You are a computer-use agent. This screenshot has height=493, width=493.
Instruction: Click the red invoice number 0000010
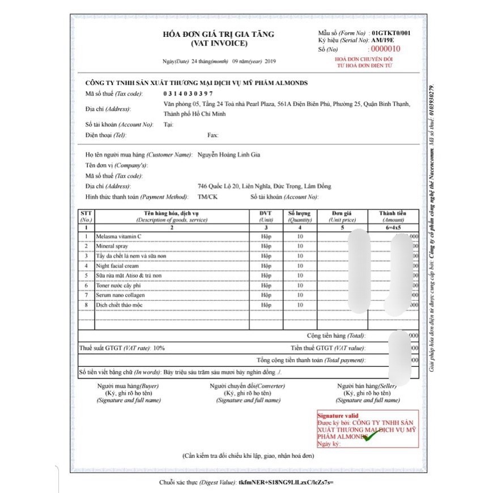385,49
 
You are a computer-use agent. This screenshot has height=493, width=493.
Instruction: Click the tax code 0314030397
188,93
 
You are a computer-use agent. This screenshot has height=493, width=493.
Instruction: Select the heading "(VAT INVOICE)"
219,43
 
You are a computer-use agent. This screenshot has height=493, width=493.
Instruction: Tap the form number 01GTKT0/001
391,33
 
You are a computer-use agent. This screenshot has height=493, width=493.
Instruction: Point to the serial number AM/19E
384,41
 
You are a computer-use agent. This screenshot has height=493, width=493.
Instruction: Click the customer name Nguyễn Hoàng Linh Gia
228,154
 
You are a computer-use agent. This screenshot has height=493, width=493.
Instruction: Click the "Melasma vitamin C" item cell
118,236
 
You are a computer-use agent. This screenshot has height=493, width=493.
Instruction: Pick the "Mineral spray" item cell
112,246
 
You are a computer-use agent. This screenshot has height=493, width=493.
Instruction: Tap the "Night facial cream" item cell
117,266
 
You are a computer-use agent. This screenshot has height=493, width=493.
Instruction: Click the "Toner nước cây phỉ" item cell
118,286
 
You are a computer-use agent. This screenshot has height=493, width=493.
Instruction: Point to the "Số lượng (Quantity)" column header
300,216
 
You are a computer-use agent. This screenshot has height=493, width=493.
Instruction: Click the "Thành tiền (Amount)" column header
393,216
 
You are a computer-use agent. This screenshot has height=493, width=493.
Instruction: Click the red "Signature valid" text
338,416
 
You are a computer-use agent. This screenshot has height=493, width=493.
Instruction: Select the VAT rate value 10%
159,348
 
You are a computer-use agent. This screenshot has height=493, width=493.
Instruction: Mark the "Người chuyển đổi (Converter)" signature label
248,386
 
